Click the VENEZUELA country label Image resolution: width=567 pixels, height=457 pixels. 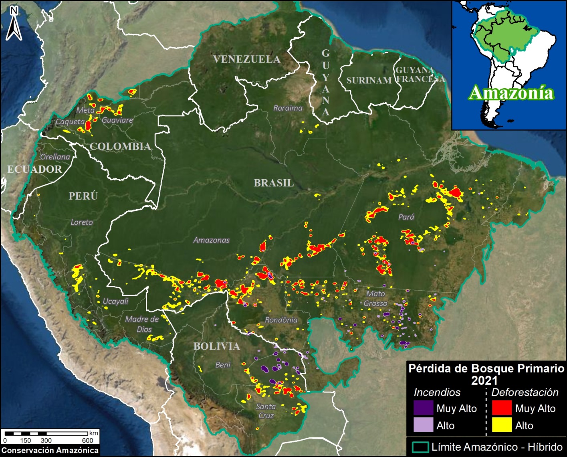pos(246,59)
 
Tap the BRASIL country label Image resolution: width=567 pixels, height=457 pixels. pos(274,183)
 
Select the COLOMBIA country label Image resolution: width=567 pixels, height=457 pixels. pos(120,146)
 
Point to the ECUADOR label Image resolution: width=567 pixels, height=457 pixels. pos(35,169)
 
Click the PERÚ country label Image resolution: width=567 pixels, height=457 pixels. pos(83,196)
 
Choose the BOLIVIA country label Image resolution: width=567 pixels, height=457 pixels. pos(217,346)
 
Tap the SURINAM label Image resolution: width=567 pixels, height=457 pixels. pos(369,81)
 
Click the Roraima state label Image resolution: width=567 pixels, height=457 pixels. pos(288,108)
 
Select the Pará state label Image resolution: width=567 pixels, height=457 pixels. pos(406,217)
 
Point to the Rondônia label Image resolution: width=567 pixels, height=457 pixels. pos(281,320)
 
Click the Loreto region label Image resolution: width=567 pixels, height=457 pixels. pos(81,222)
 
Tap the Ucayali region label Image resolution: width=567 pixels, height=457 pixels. pos(115,301)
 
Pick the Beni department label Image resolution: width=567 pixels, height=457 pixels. pos(223,365)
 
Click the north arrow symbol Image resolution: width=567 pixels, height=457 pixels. pos(14,24)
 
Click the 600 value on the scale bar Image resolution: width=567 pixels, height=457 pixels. pos(87,441)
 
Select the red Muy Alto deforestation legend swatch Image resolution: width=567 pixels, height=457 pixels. pos(502,408)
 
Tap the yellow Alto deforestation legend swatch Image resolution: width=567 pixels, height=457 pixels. pos(502,425)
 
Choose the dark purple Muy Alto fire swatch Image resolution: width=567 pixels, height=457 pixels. pos(423,408)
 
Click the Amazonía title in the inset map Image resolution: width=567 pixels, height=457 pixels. pos(511,93)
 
